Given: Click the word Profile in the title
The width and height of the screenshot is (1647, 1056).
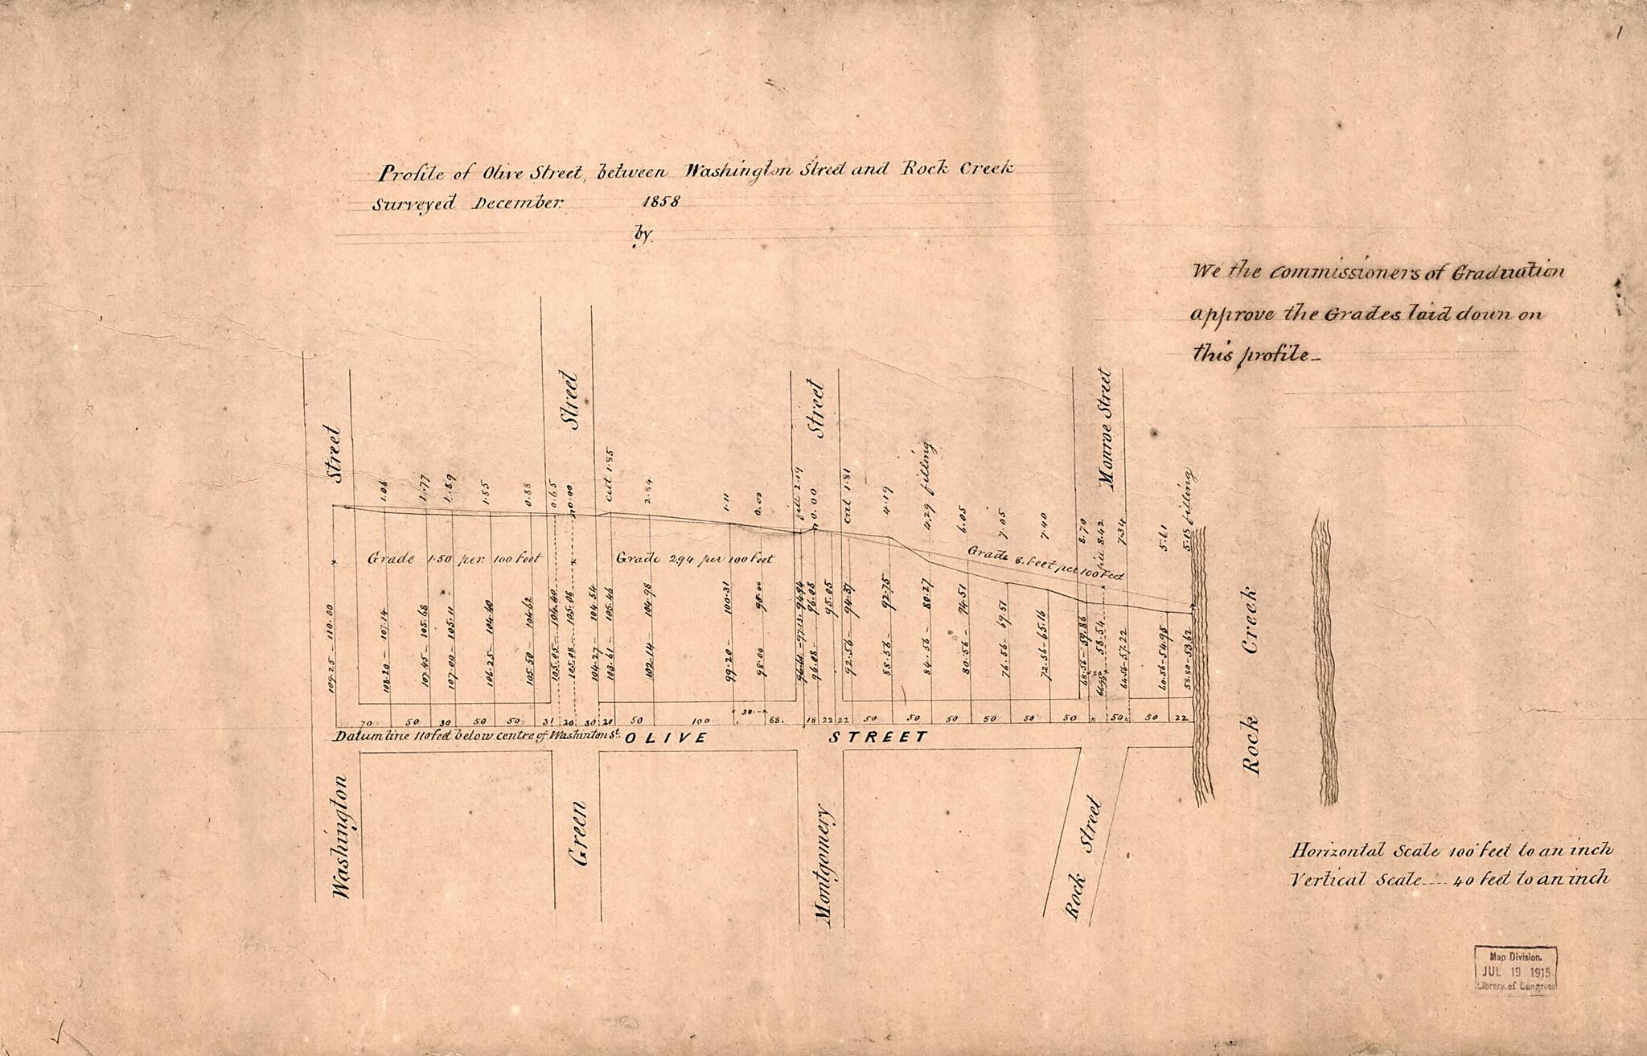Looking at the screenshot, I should coord(408,173).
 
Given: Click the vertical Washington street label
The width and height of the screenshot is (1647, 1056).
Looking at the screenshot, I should coord(340,836).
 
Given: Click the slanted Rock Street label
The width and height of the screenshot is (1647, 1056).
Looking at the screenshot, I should coord(1082,857).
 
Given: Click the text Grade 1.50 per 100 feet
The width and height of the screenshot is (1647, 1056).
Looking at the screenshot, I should coord(454,558).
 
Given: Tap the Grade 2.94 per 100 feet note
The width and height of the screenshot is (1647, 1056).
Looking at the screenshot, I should coord(694,558).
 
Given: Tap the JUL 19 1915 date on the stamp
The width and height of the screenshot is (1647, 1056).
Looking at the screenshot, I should coord(1515,972).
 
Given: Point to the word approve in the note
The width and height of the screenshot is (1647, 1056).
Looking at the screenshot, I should coord(1230,314).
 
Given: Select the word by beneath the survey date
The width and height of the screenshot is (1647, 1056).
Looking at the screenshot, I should coord(643,235).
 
